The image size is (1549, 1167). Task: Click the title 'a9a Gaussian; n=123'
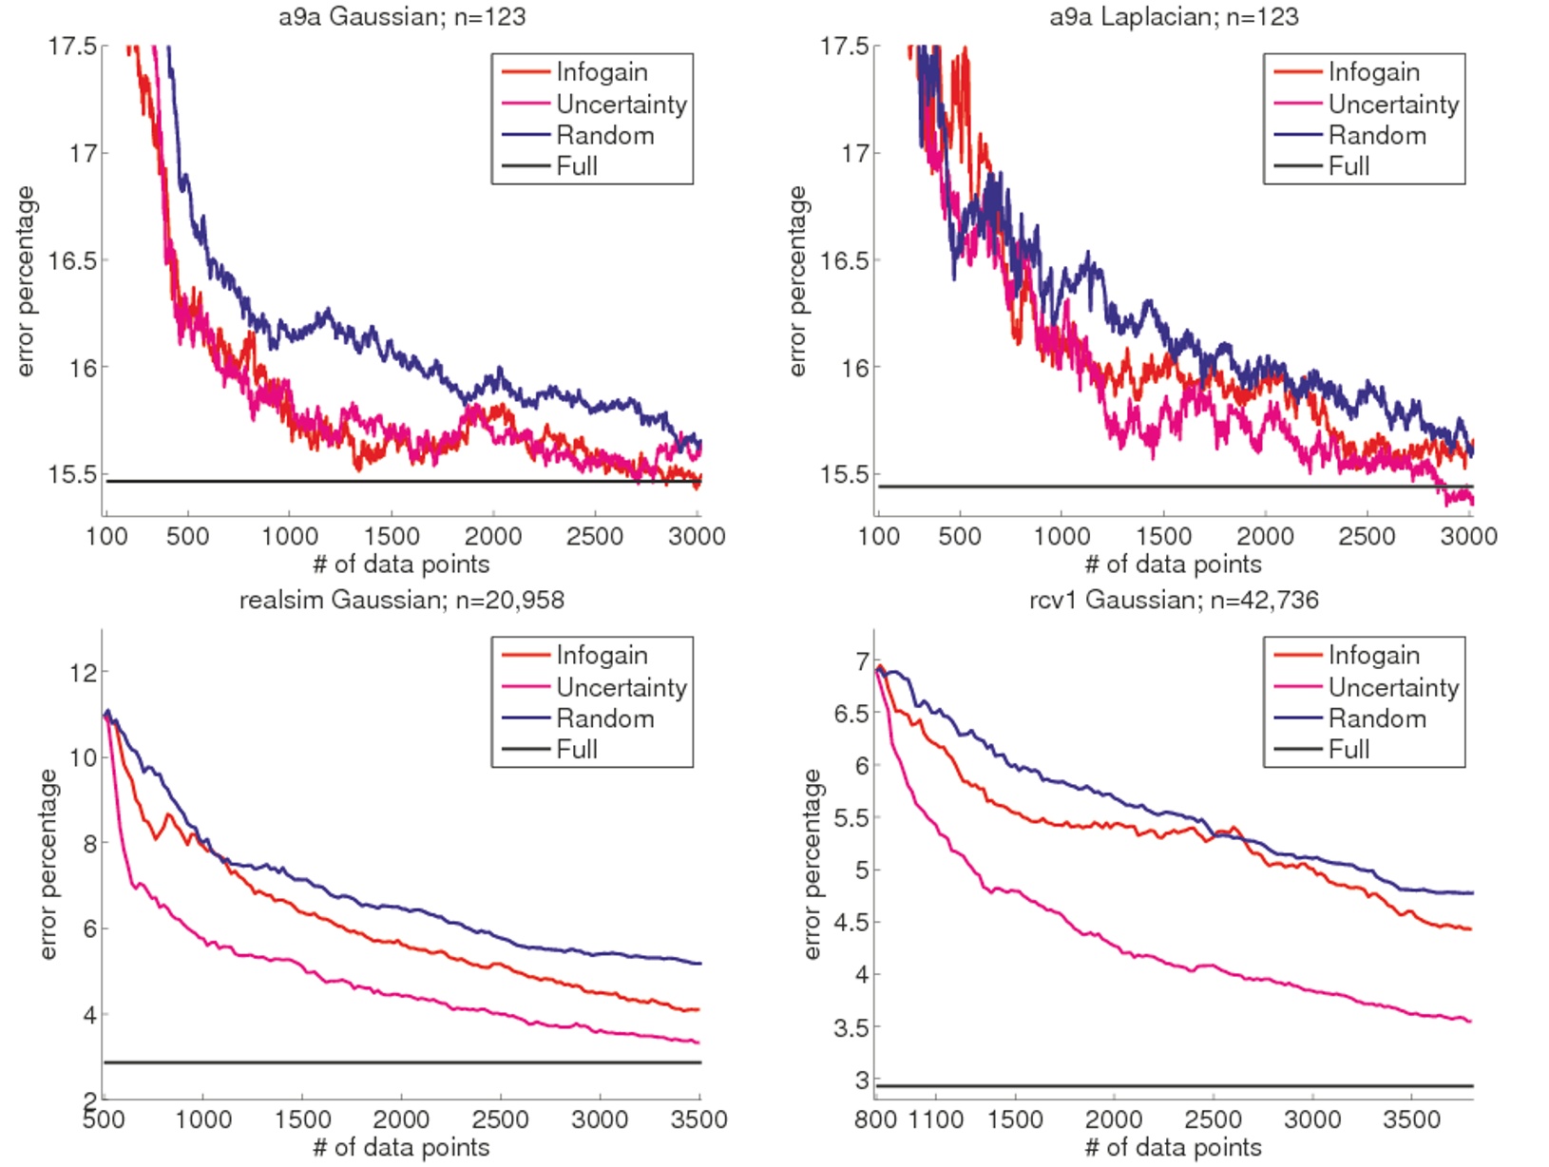(401, 16)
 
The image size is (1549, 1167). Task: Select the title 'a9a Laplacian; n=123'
(1174, 16)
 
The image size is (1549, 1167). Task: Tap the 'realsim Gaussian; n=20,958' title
(401, 600)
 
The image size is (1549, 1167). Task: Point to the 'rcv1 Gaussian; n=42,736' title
(1174, 600)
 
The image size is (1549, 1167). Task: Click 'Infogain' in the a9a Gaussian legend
(602, 72)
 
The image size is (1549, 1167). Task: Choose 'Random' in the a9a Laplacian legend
(1377, 135)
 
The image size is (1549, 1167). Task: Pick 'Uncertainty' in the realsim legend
(622, 687)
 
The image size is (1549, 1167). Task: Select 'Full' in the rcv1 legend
(1348, 749)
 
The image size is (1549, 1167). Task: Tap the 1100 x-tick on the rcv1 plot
(936, 1119)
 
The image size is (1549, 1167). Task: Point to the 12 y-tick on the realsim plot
(84, 673)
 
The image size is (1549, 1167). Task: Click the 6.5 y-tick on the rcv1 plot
(851, 714)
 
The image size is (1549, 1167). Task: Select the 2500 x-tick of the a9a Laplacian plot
(1367, 536)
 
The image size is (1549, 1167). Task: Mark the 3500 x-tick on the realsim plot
(698, 1119)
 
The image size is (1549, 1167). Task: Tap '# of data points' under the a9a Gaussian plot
(401, 564)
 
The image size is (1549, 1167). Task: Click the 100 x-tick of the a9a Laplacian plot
(878, 536)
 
